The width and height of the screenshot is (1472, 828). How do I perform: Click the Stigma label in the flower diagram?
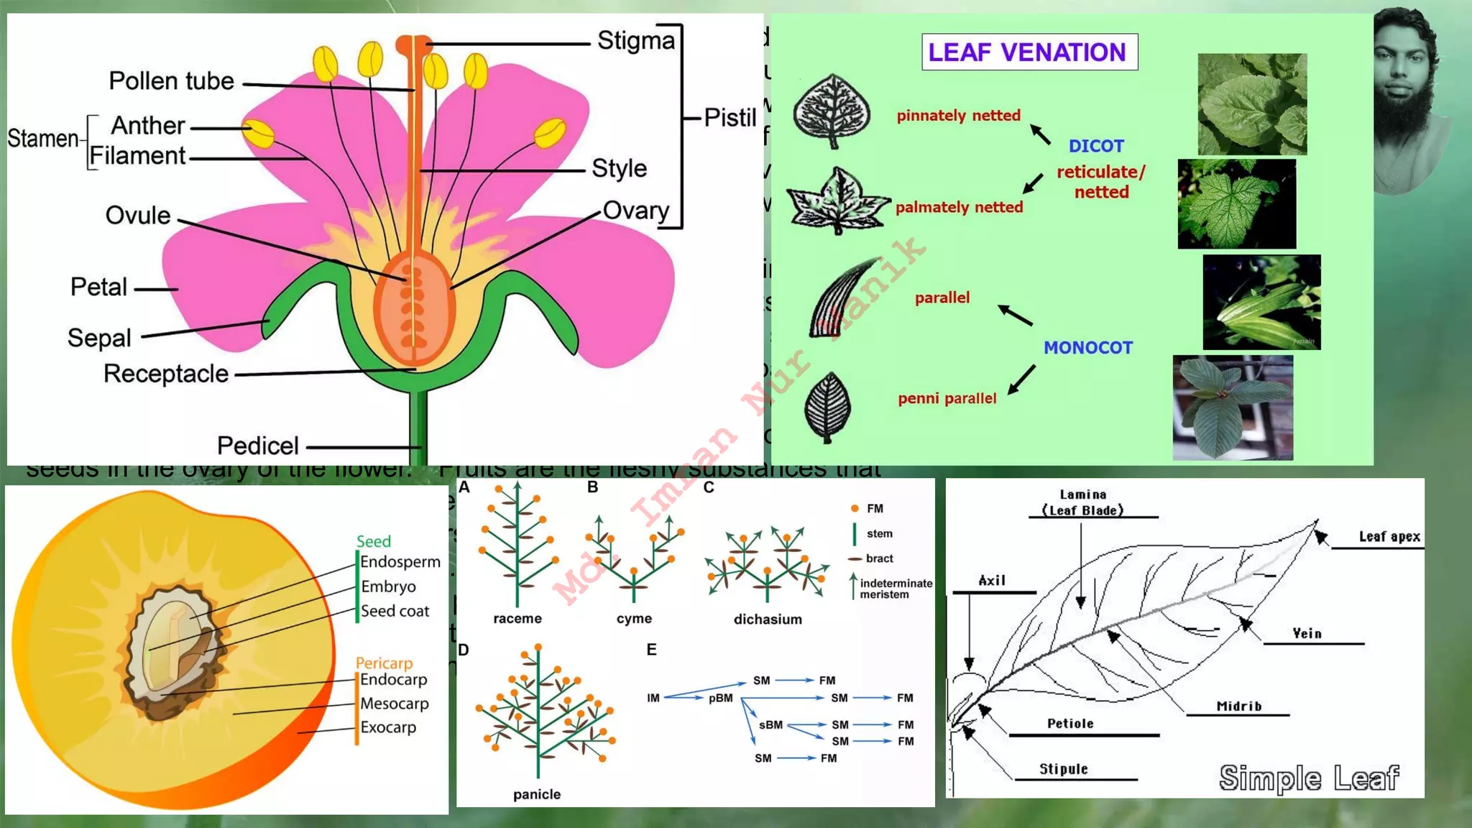pos(636,41)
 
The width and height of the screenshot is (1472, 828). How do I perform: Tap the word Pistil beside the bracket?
pos(730,118)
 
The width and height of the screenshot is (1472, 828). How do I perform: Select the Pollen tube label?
pos(171,81)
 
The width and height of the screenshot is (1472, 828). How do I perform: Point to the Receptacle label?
pos(166,374)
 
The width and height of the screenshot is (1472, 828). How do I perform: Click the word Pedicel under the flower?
pos(257,446)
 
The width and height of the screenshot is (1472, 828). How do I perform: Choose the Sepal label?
pos(99,338)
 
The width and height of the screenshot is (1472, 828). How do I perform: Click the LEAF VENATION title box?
pos(1029,52)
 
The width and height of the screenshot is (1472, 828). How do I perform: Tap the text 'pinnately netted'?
pos(958,116)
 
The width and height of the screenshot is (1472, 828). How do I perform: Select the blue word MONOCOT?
pos(1087,348)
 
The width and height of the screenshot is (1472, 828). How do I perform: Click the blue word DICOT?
pos(1095,146)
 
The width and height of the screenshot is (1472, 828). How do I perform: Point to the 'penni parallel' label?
pos(947,399)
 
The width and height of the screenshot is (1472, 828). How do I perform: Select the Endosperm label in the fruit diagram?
pos(400,562)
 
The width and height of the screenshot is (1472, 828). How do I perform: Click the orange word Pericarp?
pos(384,663)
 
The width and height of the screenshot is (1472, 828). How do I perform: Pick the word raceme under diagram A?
pos(517,619)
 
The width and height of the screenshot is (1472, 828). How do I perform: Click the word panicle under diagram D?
pos(536,794)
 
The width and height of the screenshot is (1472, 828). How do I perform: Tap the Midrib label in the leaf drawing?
pos(1238,707)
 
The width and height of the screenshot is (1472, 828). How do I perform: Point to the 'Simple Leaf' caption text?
pos(1309,778)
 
